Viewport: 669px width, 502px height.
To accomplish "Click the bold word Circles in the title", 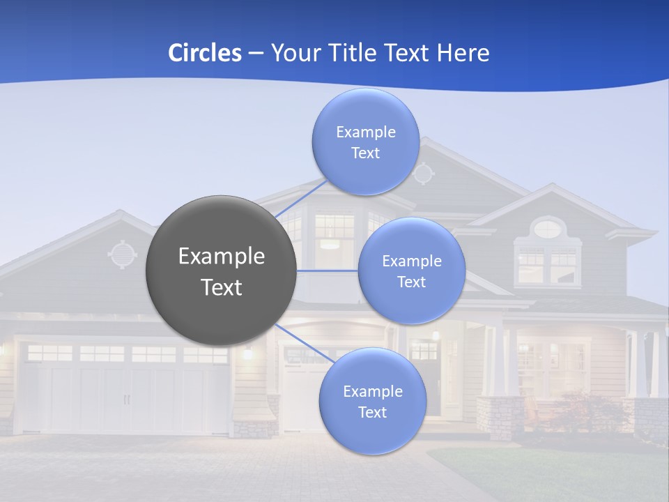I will coord(204,53).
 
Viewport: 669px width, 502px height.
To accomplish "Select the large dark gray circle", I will coord(221,271).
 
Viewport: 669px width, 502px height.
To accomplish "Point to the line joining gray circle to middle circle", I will coord(327,271).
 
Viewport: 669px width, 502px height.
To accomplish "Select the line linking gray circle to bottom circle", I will coord(305,343).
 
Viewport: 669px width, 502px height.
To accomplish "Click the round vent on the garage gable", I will coord(123,254).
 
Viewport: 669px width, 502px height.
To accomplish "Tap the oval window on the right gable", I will coord(549,227).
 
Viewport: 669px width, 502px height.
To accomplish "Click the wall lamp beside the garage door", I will coord(247,353).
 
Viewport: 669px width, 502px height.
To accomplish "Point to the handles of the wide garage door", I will coord(126,400).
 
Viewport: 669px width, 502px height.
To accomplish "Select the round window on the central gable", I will coord(423,172).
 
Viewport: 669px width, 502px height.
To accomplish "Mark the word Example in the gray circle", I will coord(221,257).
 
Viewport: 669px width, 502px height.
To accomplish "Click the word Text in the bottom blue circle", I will coord(372,412).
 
